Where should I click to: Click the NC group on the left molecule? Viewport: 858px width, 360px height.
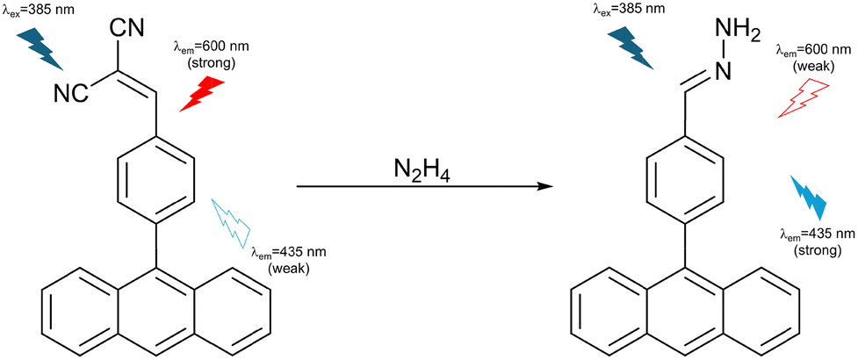click(x=72, y=93)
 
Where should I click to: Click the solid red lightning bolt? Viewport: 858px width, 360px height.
click(x=202, y=94)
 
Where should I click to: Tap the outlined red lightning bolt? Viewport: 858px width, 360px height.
click(x=804, y=97)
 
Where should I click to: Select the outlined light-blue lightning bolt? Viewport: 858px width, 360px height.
click(x=231, y=223)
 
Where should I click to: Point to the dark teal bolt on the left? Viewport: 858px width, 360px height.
click(x=41, y=50)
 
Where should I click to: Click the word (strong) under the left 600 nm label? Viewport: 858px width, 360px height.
click(x=211, y=63)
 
